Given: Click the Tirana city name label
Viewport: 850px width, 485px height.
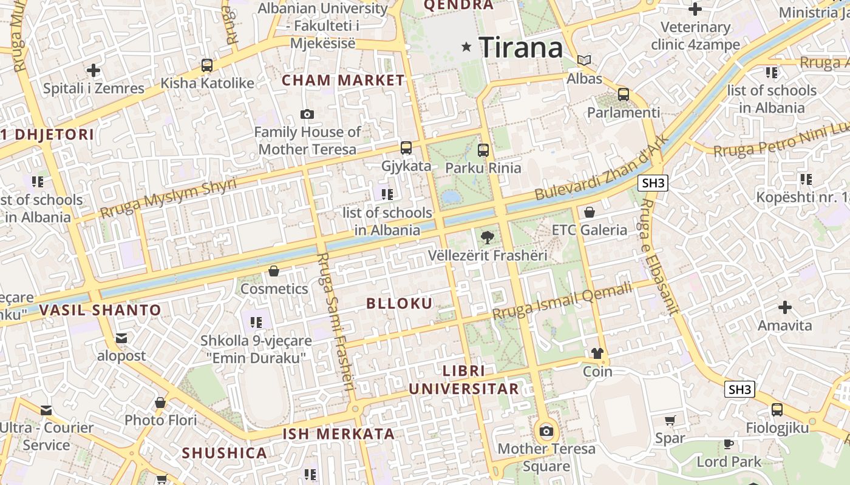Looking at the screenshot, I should [521, 47].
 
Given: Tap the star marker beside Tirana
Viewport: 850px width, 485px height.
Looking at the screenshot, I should [466, 47].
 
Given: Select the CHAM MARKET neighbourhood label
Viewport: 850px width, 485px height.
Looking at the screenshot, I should [343, 80].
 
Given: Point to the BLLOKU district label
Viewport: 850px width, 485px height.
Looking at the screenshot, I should [399, 304].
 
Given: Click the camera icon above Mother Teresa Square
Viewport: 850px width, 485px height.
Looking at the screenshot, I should [546, 431].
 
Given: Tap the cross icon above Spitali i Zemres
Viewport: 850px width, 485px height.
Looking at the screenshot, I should [93, 70].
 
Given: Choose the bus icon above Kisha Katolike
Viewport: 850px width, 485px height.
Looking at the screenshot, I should [207, 65].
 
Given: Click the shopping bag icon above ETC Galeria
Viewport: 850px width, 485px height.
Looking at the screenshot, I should [589, 212].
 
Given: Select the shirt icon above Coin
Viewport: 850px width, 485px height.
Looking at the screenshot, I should [597, 353].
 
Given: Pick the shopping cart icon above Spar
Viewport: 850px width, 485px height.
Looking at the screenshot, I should [670, 420].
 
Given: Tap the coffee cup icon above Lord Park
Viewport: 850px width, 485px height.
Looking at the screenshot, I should [729, 444].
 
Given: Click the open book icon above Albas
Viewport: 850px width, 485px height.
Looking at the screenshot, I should [584, 61].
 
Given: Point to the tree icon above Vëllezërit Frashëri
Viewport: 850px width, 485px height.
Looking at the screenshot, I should [487, 237].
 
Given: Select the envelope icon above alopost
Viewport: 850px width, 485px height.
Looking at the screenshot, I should [121, 338].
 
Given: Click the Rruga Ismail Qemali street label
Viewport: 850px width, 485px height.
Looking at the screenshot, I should [562, 303].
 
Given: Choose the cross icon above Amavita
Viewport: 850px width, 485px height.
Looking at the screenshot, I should [785, 307].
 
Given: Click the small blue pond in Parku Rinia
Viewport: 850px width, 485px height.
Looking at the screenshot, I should [451, 196].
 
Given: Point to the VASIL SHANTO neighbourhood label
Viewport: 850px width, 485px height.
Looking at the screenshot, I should [100, 310].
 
